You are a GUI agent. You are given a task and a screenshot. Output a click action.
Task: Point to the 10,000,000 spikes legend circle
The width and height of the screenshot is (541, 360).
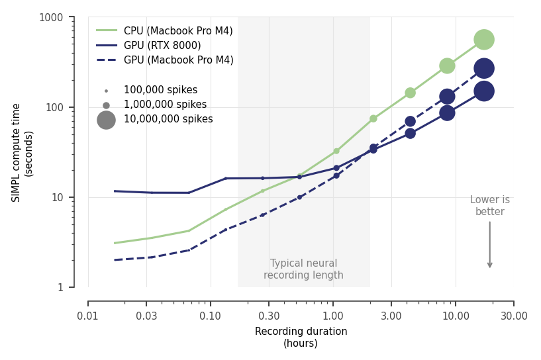106,120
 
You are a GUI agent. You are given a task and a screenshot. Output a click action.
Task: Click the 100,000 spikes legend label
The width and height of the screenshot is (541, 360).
160,90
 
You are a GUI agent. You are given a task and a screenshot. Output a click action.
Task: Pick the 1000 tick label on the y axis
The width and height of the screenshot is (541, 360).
51,17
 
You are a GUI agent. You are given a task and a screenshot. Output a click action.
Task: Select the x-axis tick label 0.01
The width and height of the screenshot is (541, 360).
88,316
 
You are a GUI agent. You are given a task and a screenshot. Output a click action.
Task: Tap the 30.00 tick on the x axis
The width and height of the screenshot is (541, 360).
514,316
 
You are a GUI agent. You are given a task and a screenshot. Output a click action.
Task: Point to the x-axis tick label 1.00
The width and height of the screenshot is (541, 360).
332,316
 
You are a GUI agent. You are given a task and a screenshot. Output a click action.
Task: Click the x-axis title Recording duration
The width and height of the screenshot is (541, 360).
301,332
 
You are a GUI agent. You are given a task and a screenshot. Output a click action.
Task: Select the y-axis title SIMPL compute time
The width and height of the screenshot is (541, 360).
17,152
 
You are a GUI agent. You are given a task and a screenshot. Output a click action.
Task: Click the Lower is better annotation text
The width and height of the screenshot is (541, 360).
490,206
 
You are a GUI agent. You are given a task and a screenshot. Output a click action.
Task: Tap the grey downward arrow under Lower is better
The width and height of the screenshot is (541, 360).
490,245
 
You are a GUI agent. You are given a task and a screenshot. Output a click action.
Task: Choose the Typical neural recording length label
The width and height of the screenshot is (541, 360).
303,269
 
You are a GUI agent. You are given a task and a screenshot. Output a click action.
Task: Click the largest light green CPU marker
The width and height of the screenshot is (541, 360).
484,40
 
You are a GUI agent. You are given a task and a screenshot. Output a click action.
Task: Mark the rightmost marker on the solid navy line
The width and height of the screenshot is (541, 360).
484,91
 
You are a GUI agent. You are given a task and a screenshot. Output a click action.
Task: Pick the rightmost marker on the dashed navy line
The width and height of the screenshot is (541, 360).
484,68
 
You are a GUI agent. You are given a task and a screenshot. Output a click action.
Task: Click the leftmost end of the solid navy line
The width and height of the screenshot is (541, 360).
115,191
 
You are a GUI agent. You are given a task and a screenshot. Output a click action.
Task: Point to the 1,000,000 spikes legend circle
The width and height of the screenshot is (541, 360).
106,105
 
